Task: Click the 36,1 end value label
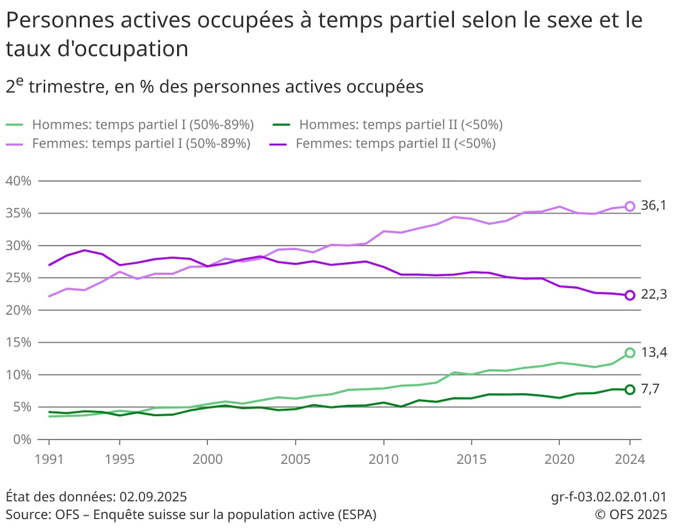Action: [653, 206]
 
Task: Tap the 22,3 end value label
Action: [653, 294]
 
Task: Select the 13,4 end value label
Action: [653, 352]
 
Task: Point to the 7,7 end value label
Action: [651, 389]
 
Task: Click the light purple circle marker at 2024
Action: [630, 206]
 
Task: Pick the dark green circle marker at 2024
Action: [630, 389]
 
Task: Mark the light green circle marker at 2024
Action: [630, 353]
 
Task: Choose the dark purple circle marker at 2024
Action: [630, 295]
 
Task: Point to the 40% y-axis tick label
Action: [19, 181]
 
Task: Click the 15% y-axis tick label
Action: [19, 342]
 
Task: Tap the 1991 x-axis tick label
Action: [49, 458]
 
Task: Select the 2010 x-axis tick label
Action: [383, 458]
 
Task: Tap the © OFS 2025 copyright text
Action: [631, 514]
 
